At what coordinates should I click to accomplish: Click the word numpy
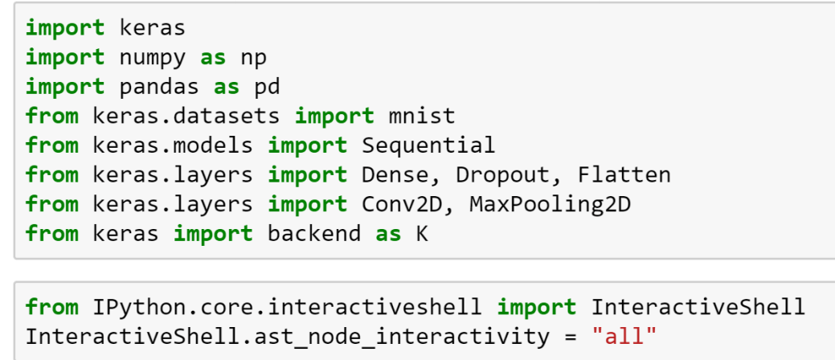click(153, 58)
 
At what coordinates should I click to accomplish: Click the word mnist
click(421, 116)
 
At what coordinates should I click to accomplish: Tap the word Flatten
click(624, 174)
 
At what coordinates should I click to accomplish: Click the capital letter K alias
click(422, 234)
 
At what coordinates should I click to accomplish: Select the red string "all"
click(624, 337)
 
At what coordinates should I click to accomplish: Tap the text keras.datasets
click(186, 116)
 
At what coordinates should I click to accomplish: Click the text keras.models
click(173, 145)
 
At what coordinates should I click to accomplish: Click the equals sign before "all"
click(570, 337)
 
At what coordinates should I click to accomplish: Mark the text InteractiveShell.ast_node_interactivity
click(287, 337)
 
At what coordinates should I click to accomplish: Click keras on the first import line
click(153, 28)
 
